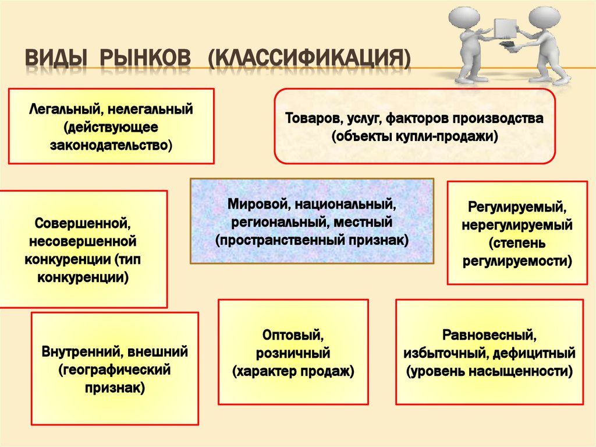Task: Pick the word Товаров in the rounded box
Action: pyautogui.click(x=312, y=118)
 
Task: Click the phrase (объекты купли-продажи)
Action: pyautogui.click(x=415, y=137)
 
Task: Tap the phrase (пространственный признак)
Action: pyautogui.click(x=311, y=240)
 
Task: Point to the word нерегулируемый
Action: pyautogui.click(x=517, y=225)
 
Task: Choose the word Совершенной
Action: pyautogui.click(x=81, y=223)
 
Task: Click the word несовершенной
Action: pyautogui.click(x=81, y=241)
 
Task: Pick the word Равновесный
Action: pyautogui.click(x=489, y=335)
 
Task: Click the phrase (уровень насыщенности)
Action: pyautogui.click(x=489, y=371)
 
